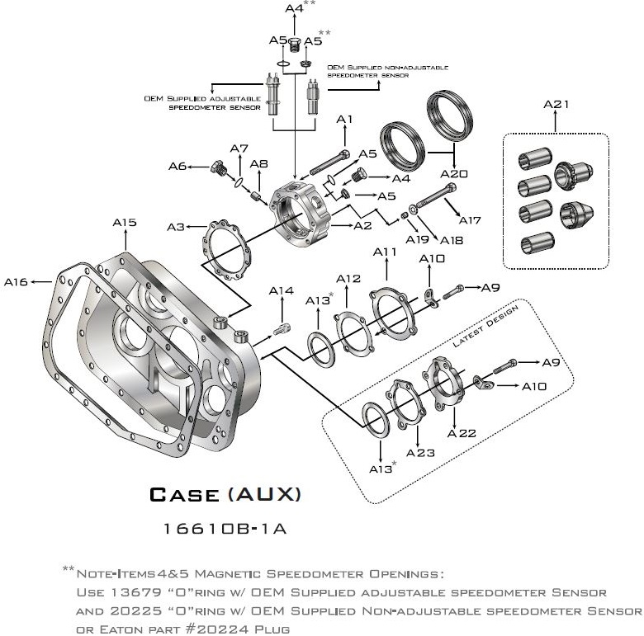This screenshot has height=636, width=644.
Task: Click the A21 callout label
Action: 556,104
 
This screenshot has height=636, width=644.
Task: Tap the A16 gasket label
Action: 16,282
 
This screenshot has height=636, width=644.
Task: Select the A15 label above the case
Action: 125,223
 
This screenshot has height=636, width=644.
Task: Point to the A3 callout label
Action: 176,227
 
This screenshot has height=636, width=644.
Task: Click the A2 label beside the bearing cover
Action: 362,225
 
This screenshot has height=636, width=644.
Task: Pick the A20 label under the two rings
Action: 454,174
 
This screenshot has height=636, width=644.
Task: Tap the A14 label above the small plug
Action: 282,290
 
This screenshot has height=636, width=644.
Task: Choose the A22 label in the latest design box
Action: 462,433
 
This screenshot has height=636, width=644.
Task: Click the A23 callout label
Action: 420,453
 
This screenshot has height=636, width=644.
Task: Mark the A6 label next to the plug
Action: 178,166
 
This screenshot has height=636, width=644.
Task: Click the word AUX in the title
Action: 264,494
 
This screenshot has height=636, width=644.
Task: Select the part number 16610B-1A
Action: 225,529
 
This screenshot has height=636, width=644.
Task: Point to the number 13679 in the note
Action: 136,592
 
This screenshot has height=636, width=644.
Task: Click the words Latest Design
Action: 485,327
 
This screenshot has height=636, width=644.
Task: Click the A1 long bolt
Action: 329,162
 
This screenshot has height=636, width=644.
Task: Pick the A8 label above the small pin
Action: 259,164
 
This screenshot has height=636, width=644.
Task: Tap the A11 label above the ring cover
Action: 385,252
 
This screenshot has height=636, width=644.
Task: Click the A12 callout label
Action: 348,279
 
